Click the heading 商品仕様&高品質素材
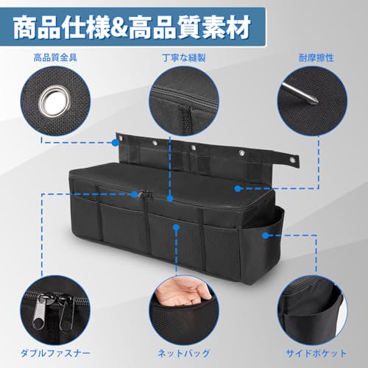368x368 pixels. [132, 27]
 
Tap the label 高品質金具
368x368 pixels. [55, 58]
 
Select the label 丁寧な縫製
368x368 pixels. [184, 58]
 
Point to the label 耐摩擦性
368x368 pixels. [316, 58]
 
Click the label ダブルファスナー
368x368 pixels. [55, 353]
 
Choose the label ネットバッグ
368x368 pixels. [184, 353]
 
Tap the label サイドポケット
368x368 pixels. [316, 353]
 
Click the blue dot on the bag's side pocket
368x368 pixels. [265, 236]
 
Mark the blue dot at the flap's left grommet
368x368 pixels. [116, 143]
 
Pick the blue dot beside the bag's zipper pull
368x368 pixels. [134, 194]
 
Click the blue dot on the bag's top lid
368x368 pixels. [237, 188]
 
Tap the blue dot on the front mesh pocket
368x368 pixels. [176, 227]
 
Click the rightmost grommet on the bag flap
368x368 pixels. [292, 160]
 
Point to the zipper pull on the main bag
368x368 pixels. [141, 194]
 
